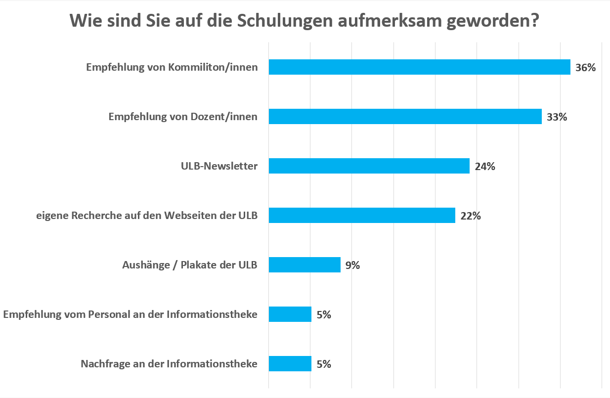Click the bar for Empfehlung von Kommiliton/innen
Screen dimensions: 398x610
tap(419, 67)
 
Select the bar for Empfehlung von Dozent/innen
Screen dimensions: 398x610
tap(405, 117)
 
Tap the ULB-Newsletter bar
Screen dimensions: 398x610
tap(369, 166)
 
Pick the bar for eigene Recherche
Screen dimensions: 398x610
tap(362, 216)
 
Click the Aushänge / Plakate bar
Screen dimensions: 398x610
tap(305, 265)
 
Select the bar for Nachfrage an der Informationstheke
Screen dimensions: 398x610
tap(290, 364)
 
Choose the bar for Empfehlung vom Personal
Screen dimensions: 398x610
tap(290, 314)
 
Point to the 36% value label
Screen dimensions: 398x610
tap(585, 68)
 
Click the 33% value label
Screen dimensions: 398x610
tap(557, 117)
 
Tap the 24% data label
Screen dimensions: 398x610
tap(484, 167)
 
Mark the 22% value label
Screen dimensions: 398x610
tap(470, 216)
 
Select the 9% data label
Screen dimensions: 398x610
tap(352, 265)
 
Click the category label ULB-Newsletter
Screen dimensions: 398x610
tap(219, 166)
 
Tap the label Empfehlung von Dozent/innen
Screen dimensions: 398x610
tap(183, 117)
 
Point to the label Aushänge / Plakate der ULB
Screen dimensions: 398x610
tap(190, 265)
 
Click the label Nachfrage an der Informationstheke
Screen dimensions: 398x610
tap(169, 364)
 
